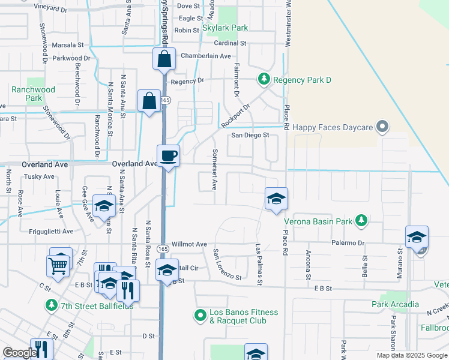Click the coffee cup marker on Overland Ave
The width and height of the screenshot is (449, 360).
click(168, 156)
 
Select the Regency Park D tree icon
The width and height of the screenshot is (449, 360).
click(263, 79)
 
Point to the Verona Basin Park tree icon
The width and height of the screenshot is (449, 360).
click(361, 221)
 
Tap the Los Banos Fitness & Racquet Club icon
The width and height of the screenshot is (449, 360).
click(200, 314)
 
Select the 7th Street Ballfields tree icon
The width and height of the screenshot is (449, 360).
click(52, 305)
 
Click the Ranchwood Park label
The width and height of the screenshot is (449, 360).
click(33, 94)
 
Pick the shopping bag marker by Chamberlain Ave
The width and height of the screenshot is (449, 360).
click(164, 59)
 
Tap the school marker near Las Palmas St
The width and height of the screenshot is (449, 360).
click(276, 199)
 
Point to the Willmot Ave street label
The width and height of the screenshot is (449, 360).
click(189, 245)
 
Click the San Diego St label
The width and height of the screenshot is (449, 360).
click(250, 135)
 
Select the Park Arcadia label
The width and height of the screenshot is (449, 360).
click(395, 304)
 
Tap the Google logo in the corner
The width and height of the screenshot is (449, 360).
click(19, 353)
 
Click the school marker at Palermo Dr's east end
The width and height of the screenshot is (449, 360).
click(417, 237)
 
